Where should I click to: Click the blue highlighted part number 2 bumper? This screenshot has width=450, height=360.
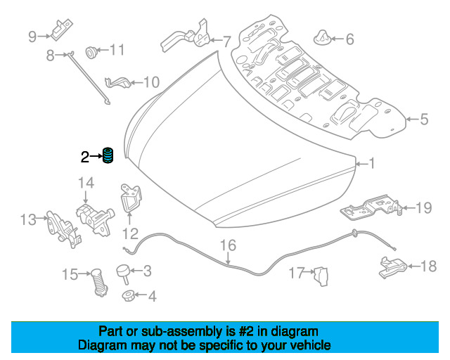108,155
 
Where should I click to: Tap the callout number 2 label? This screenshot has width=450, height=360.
84,157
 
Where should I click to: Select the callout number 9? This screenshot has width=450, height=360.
32,37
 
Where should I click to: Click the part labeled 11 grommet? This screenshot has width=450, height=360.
91,52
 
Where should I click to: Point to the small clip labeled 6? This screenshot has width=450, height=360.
322,37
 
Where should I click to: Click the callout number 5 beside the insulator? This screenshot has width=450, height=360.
424,119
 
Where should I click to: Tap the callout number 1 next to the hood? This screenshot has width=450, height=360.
372,164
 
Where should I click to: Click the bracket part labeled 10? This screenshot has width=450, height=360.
118,82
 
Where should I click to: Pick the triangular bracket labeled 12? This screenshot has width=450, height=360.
131,199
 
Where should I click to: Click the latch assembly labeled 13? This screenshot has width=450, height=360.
63,229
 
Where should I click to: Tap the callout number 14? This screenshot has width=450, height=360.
86,183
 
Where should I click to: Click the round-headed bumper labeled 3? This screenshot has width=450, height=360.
124,274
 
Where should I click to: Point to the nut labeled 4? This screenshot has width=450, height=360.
127,295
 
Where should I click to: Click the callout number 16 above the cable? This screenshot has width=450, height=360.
228,245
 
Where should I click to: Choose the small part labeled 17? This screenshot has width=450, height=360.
321,276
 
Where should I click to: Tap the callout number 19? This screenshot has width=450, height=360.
423,207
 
